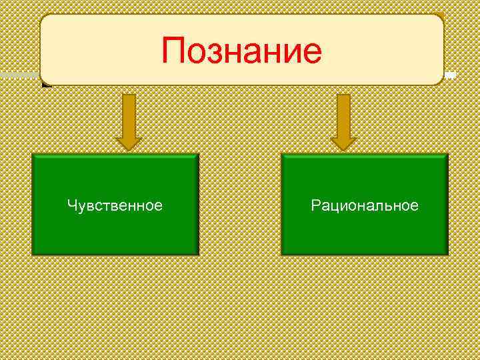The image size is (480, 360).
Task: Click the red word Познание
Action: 241,51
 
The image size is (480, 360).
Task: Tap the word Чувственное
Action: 115,205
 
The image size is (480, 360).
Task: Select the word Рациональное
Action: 365,205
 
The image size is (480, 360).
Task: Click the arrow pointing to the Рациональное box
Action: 343,120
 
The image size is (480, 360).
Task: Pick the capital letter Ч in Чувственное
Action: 71,205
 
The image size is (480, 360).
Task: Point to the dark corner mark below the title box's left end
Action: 45,84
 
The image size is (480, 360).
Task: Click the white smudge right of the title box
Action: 451,75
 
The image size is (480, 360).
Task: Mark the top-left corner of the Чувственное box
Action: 33,155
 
